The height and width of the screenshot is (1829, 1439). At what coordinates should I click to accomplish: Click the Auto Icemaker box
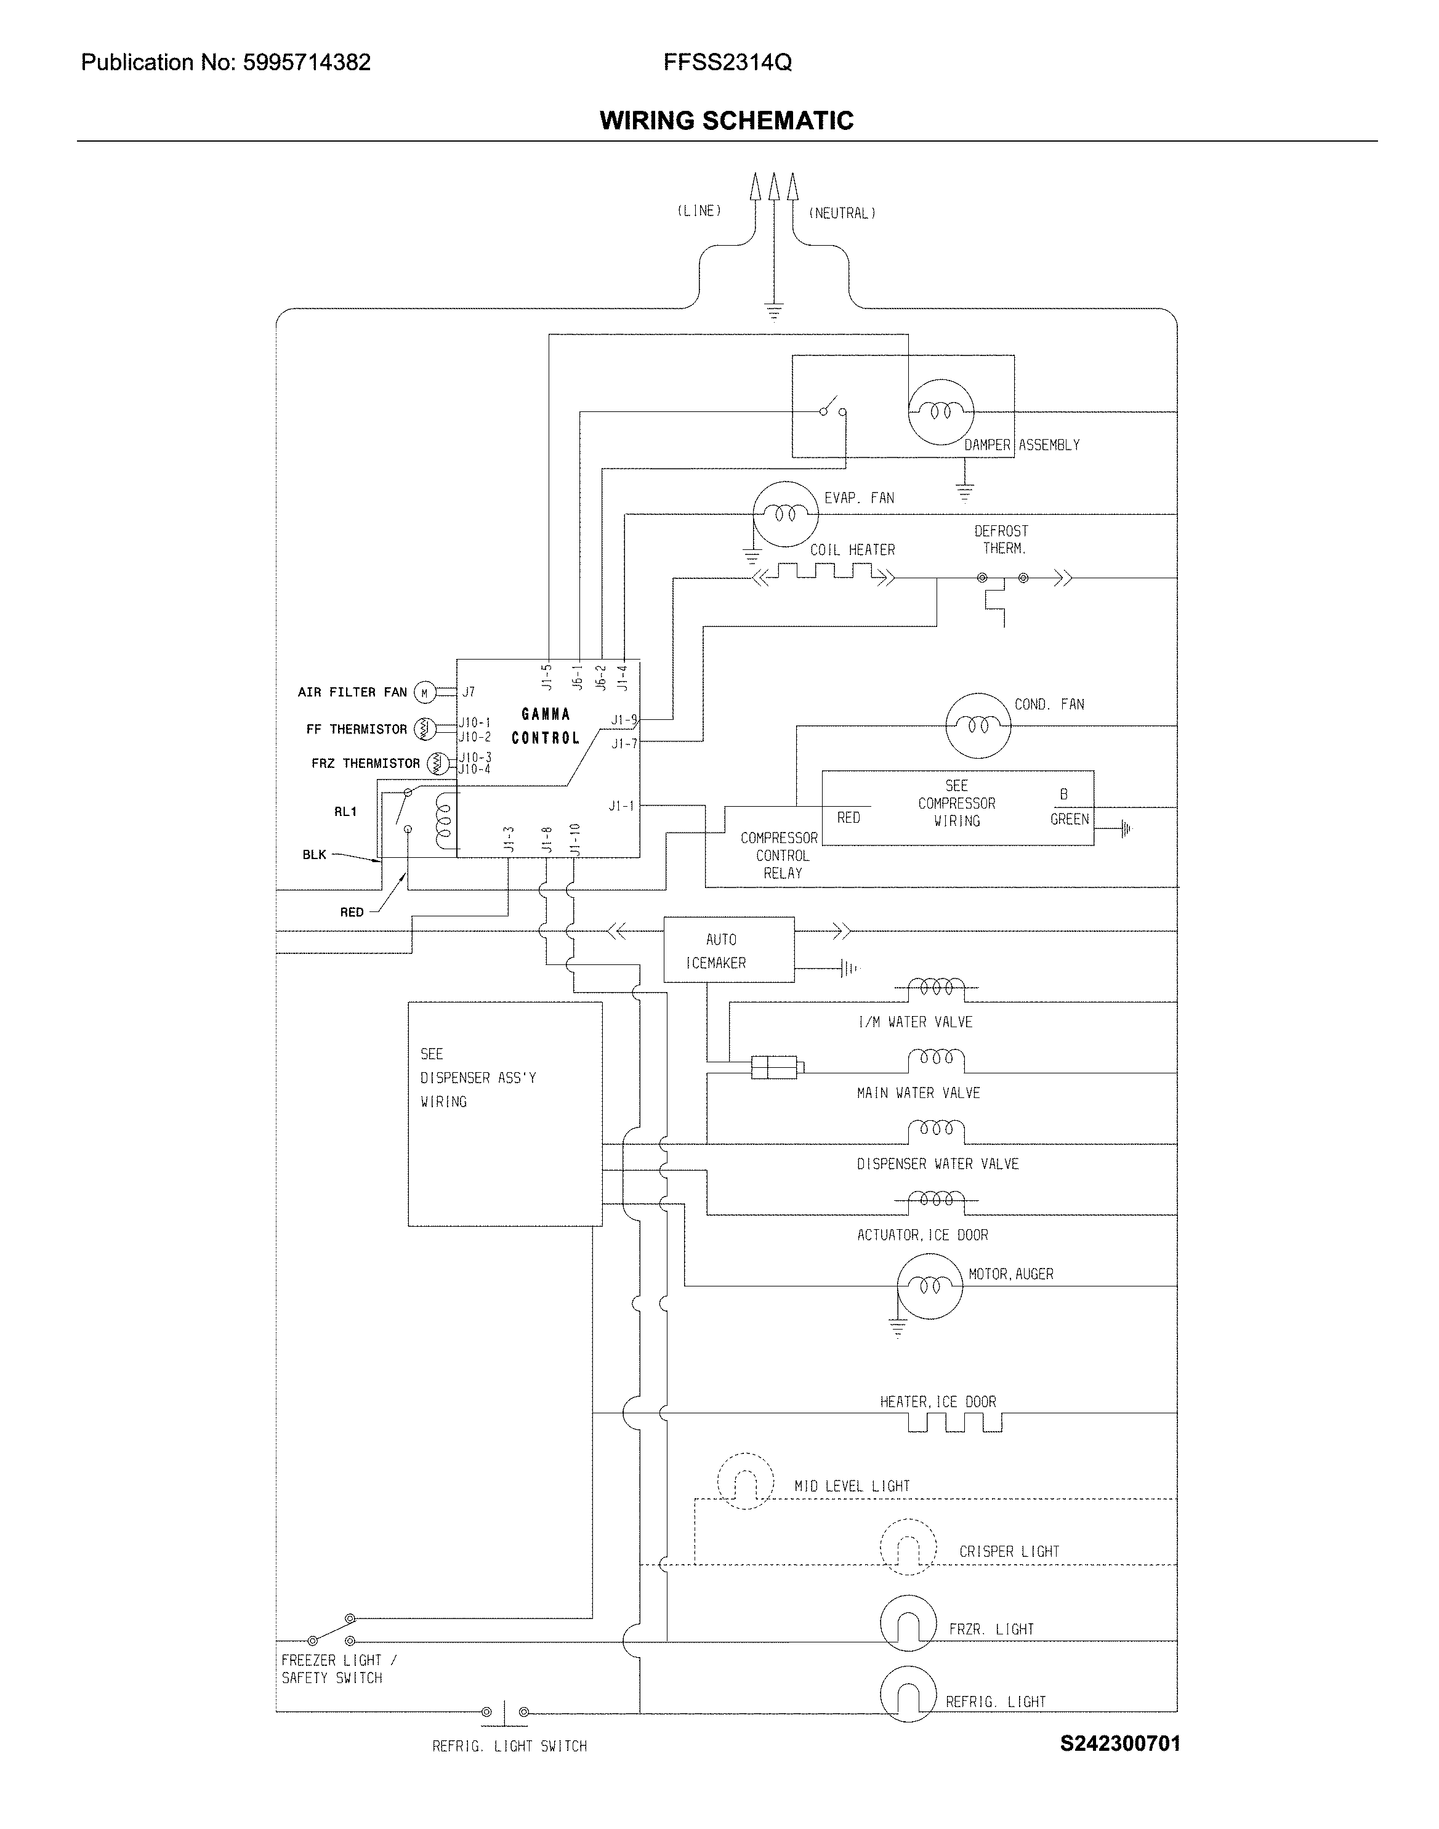(728, 950)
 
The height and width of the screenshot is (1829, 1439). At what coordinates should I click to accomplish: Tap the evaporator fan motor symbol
(784, 514)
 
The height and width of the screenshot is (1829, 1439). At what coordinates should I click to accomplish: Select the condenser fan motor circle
(977, 725)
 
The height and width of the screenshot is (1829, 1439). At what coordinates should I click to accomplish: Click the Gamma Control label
(546, 725)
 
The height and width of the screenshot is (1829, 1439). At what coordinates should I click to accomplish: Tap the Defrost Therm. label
(1001, 539)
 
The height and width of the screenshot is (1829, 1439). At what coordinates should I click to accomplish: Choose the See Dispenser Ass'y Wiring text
(478, 1078)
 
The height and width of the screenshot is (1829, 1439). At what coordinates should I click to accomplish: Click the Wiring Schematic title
(726, 121)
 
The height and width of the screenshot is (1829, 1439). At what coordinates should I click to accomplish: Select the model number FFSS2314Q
(727, 62)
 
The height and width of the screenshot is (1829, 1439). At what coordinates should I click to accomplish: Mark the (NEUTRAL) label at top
(842, 213)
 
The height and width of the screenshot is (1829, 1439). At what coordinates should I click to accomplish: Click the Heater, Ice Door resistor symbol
(954, 1423)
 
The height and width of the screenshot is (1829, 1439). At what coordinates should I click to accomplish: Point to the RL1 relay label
(345, 811)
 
